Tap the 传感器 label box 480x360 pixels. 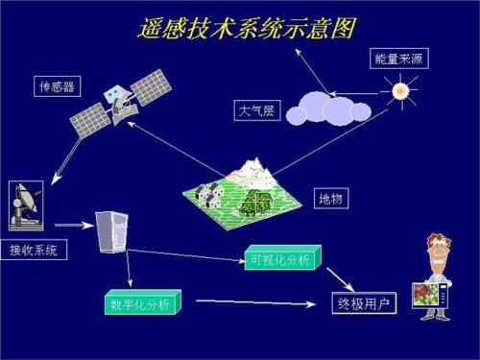click(56, 89)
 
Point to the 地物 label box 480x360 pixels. click(331, 199)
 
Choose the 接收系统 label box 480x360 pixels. click(34, 251)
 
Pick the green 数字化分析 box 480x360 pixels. click(141, 304)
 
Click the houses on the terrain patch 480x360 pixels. click(207, 195)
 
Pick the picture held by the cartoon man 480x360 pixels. click(429, 298)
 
